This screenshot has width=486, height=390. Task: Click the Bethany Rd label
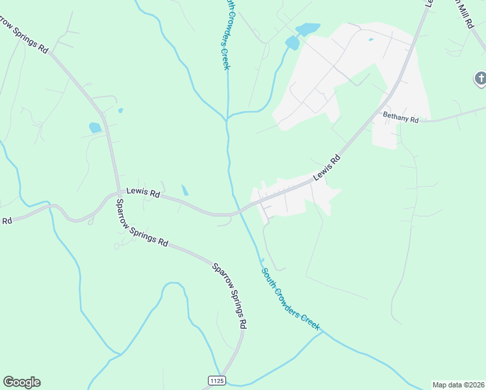tap(400, 118)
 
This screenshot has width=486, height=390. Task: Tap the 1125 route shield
tap(216, 380)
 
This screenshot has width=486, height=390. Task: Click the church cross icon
tap(480, 79)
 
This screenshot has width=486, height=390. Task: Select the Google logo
tap(21, 382)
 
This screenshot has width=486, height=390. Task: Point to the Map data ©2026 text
tap(458, 385)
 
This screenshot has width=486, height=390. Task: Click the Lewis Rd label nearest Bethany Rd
tap(327, 168)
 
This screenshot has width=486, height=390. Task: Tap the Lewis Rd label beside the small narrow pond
tap(143, 192)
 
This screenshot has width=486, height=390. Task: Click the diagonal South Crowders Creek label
tap(290, 300)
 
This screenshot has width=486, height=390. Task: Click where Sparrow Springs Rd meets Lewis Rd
tap(119, 193)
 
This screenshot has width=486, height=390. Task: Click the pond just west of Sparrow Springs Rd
tap(95, 127)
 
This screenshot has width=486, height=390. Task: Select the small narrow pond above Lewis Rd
tap(185, 190)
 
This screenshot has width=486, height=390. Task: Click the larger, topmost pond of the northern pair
tap(307, 29)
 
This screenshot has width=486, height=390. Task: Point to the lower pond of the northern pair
tap(292, 43)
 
